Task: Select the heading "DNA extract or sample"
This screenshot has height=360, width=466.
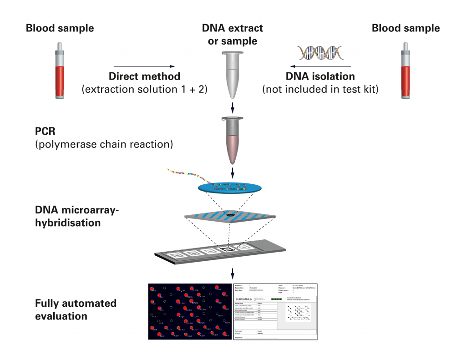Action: coord(233,35)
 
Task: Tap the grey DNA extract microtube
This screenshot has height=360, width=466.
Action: coord(233,75)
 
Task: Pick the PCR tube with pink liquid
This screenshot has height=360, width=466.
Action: coord(233,140)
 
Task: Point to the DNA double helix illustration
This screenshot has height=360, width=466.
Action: coord(320,53)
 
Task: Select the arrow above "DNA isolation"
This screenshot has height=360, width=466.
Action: coord(320,66)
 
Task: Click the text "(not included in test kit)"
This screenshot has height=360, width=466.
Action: coord(320,89)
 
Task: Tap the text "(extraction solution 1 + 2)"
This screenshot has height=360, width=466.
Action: coord(144,89)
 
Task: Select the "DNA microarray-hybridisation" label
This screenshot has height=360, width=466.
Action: coord(77,217)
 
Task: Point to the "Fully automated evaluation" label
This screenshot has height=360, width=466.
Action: coord(76,309)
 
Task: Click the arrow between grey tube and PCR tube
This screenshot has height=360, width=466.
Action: coord(233,107)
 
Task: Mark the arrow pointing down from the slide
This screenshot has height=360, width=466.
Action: coord(233,274)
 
